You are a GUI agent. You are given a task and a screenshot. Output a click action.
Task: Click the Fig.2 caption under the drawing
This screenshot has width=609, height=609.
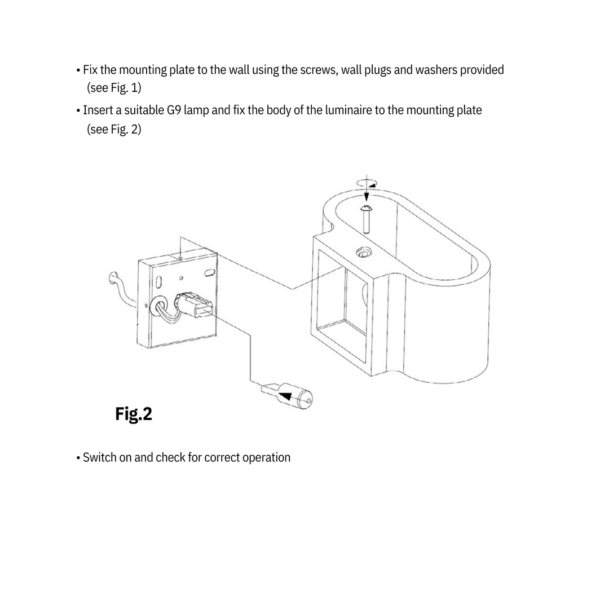[134, 414]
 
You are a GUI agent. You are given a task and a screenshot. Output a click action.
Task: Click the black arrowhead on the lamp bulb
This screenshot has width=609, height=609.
[286, 395]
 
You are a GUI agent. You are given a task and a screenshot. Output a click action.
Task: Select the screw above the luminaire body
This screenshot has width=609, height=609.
[365, 219]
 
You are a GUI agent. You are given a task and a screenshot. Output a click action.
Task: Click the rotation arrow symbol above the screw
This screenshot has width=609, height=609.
[367, 183]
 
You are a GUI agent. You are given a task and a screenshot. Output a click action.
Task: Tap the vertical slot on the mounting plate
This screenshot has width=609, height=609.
[159, 280]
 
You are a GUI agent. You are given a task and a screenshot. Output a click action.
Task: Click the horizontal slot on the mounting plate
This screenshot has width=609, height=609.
[209, 272]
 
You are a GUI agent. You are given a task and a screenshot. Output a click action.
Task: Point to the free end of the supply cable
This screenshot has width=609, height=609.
[113, 276]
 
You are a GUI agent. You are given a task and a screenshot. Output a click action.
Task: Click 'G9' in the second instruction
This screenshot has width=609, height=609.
[174, 110]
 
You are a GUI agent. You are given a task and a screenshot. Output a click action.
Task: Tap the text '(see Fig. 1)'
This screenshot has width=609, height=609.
[114, 88]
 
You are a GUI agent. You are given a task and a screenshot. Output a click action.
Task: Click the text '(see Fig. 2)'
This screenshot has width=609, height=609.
[114, 129]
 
